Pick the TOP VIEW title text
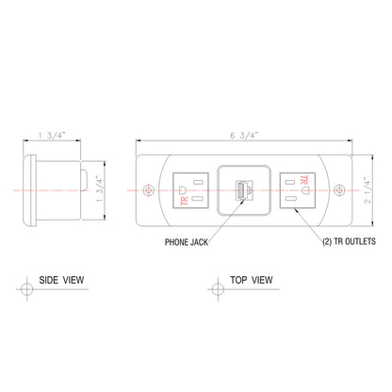pos(252,280)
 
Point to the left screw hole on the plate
pos(148,190)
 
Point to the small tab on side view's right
pos(85,179)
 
